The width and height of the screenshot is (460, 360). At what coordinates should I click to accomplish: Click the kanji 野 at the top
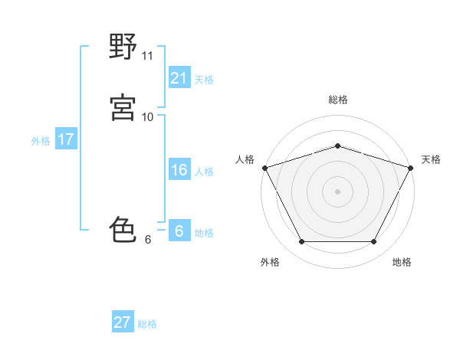pos(123,48)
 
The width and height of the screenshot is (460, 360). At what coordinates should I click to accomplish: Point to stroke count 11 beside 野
pos(148,56)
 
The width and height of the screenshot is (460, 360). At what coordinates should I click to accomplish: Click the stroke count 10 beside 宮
pos(148,116)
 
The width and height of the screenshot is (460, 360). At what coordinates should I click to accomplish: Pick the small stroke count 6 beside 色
pos(148,240)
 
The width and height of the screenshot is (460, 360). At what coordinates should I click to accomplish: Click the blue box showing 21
pos(179,77)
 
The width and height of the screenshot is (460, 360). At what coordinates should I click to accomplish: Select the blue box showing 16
pos(179,170)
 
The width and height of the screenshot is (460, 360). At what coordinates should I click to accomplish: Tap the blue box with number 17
pos(65,139)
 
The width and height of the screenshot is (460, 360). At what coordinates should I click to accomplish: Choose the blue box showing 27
pos(123,322)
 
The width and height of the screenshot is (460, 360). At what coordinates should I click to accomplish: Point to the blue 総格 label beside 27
pos(147,324)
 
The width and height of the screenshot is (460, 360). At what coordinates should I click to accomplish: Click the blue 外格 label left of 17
pos(41,141)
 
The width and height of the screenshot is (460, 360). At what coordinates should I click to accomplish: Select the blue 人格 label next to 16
pos(204,172)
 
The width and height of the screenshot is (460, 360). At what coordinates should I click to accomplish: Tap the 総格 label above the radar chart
pos(337,100)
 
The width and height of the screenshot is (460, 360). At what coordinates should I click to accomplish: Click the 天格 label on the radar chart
pos(431,159)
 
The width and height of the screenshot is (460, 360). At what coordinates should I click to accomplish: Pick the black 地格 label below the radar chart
pos(402,262)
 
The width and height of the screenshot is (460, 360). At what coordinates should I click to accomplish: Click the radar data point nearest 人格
pos(264,167)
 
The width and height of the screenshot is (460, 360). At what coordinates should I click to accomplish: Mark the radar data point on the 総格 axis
pos(337,146)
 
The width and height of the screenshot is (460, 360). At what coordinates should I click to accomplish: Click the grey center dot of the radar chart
pos(337,191)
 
